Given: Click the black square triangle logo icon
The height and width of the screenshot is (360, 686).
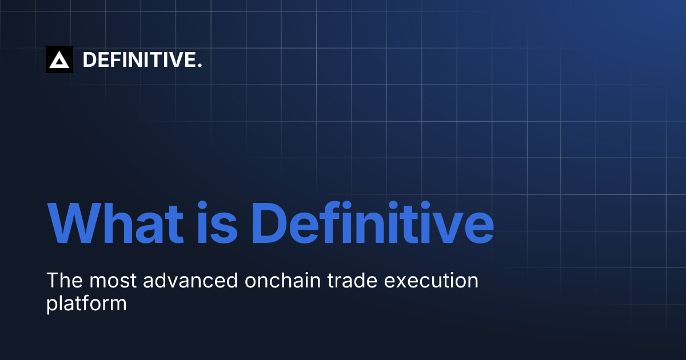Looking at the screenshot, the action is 59,59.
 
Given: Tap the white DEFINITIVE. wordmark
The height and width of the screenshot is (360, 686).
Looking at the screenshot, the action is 142,59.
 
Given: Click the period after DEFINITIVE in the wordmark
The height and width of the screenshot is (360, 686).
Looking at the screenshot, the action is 200,65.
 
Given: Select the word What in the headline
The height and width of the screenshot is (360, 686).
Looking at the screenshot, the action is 115,222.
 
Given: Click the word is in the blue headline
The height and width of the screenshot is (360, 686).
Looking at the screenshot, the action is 217,222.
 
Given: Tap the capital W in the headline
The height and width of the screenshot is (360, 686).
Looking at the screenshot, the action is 74,222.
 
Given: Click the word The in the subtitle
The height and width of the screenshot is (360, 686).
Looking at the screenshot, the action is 65,280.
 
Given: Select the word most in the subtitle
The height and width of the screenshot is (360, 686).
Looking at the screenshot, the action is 113,281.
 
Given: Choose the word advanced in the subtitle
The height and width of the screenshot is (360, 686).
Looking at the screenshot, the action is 190,280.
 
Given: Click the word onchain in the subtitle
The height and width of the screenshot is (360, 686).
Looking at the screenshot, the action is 282,280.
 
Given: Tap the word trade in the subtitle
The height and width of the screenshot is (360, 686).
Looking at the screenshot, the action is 352,280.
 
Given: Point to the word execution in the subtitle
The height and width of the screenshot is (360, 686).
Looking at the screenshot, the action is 431,280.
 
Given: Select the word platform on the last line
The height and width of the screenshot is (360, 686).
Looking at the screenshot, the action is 86,303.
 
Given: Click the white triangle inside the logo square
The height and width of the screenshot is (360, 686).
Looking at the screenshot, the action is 59,61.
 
